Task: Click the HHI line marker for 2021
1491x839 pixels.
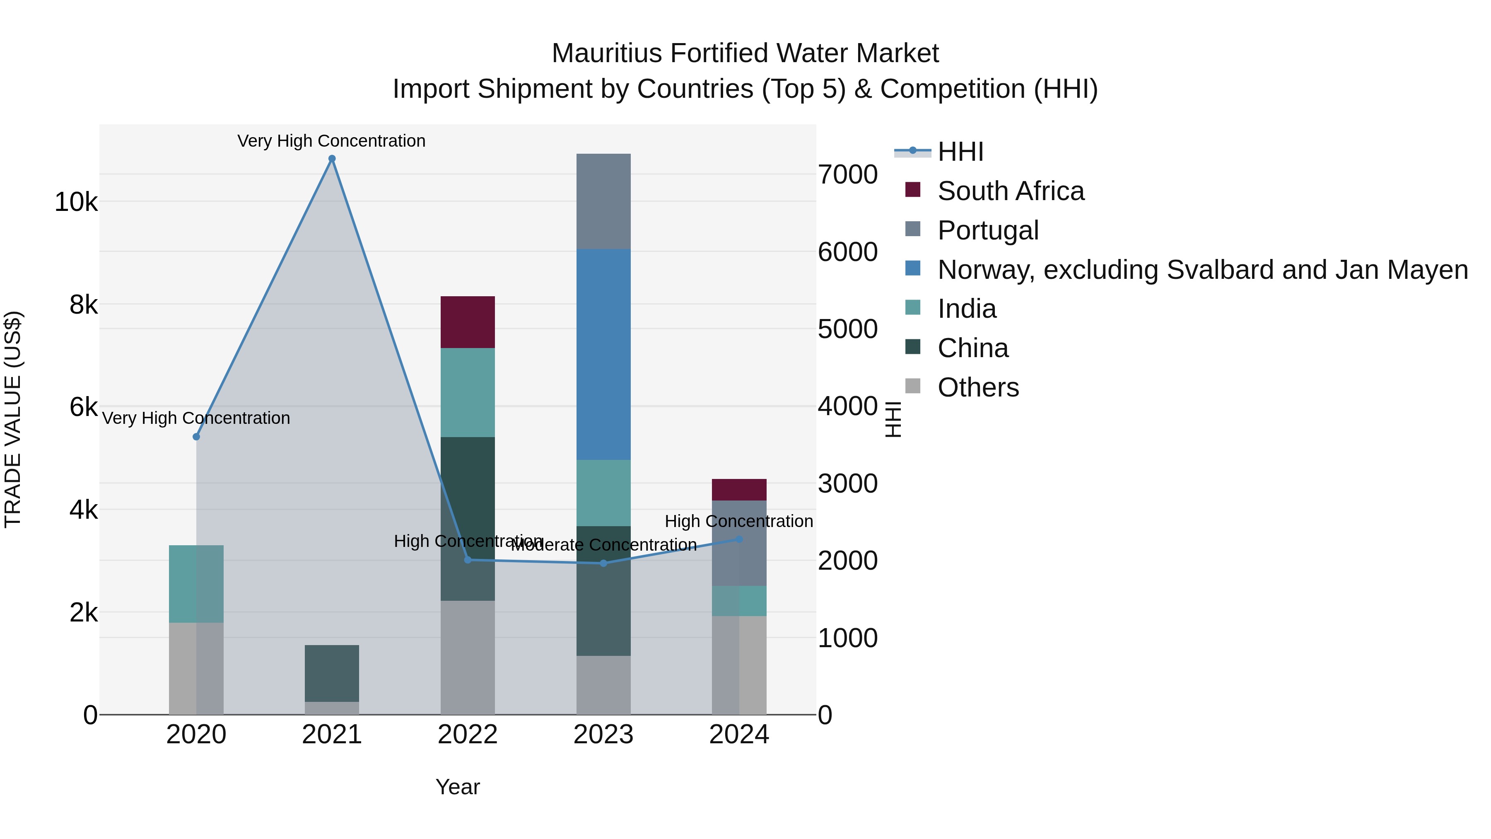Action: click(332, 159)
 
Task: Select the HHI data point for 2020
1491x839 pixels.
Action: click(196, 437)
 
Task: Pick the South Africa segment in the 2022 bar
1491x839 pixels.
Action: click(467, 322)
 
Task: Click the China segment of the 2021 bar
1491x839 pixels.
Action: click(332, 673)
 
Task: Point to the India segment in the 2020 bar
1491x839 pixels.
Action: click(196, 584)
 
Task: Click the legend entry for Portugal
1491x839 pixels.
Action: click(987, 230)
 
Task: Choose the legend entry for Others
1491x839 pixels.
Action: click(977, 387)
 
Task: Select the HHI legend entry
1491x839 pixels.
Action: click(960, 152)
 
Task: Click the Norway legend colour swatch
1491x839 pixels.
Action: click(913, 268)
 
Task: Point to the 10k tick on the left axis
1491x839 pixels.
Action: click(76, 202)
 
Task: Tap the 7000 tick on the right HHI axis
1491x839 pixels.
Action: click(847, 174)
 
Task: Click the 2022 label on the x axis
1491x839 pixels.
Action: click(467, 735)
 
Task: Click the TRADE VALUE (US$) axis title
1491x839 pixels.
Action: click(13, 419)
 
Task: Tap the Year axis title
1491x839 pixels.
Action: click(457, 787)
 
